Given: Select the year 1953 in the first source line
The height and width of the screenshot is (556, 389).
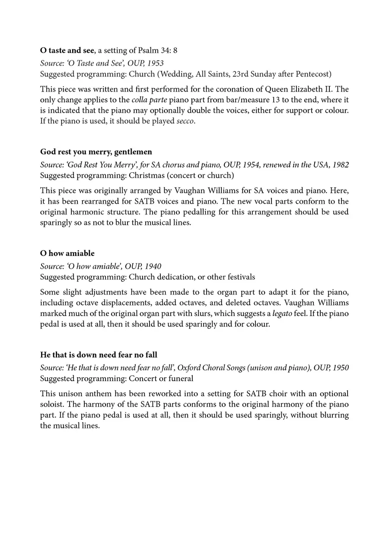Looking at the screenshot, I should point(155,63).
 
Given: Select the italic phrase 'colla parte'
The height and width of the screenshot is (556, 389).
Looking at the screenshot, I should point(149,100).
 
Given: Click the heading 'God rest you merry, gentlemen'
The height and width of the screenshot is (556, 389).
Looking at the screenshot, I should point(96,152).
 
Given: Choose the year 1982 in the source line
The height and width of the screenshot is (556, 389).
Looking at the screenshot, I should point(341,165).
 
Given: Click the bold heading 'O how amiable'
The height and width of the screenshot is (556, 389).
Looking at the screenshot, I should point(67,253).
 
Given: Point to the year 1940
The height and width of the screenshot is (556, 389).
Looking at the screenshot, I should point(153,266).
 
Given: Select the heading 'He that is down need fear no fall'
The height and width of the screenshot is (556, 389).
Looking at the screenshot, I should point(99,355).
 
